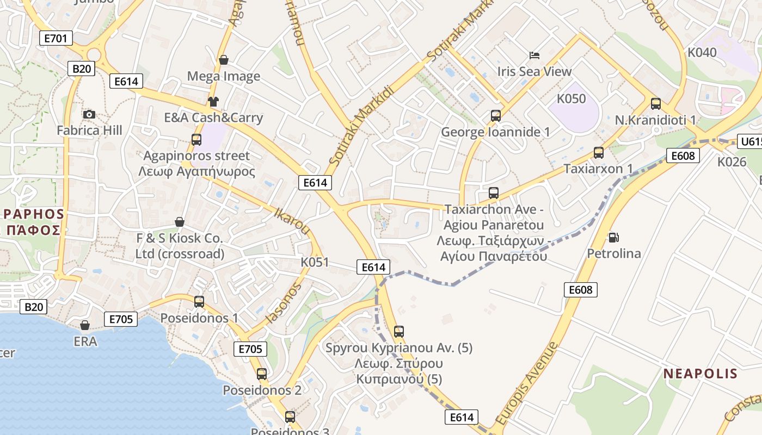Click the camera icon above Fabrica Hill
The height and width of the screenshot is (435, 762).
pos(89,114)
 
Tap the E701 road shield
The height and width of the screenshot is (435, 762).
pos(56,38)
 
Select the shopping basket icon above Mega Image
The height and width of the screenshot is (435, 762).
pos(223,60)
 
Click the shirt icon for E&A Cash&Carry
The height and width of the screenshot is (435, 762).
pos(213,102)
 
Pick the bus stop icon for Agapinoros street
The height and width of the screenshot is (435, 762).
pos(196,140)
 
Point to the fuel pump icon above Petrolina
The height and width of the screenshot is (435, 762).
pos(613,238)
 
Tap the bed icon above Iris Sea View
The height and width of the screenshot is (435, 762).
pos(534,55)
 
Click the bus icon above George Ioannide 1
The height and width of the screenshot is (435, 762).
pos(495,116)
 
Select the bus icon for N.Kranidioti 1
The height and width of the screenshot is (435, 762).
pos(656,104)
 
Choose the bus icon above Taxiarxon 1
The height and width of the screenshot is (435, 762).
pos(599,153)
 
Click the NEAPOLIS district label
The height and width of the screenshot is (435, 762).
pos(700,374)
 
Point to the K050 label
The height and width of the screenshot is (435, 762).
pos(571,99)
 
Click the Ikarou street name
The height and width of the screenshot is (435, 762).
pos(293,221)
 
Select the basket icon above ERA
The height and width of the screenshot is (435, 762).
pos(85,325)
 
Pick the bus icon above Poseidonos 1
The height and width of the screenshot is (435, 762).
pos(199,302)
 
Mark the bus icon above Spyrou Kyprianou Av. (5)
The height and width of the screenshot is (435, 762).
pos(399,332)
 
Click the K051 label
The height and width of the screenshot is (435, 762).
pos(315,263)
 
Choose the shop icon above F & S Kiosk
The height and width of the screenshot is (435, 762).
pos(180,222)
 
